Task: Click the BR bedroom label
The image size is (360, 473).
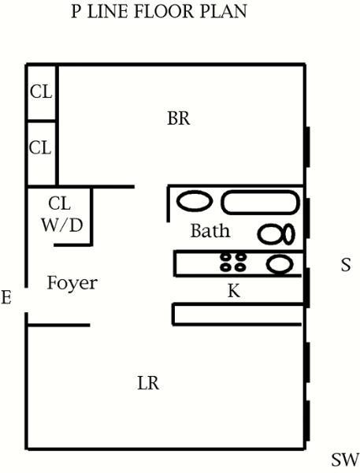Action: pos(179,118)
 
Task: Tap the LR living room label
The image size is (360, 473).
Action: pos(148,383)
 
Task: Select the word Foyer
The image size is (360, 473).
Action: pos(72,283)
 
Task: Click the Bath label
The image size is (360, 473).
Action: pos(210,231)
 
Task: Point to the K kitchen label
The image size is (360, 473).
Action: pos(234,291)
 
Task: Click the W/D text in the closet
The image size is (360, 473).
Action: pos(62,225)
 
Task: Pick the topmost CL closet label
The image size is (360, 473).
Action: pos(41,91)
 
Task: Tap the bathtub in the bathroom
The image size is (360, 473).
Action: pos(261,203)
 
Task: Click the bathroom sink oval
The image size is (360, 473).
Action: pos(194,201)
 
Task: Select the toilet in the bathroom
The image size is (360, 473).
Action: pos(276,234)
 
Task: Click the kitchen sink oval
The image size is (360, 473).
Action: pos(280,264)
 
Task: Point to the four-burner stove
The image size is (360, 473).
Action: pos(233,262)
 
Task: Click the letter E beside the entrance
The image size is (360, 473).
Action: pos(6,297)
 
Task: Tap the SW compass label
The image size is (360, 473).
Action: pos(345,460)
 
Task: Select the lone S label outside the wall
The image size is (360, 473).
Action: pos(346,265)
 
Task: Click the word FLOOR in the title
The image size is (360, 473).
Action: pos(164,12)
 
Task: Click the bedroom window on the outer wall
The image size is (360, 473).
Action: pos(307,147)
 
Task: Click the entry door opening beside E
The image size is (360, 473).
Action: pos(27,300)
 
